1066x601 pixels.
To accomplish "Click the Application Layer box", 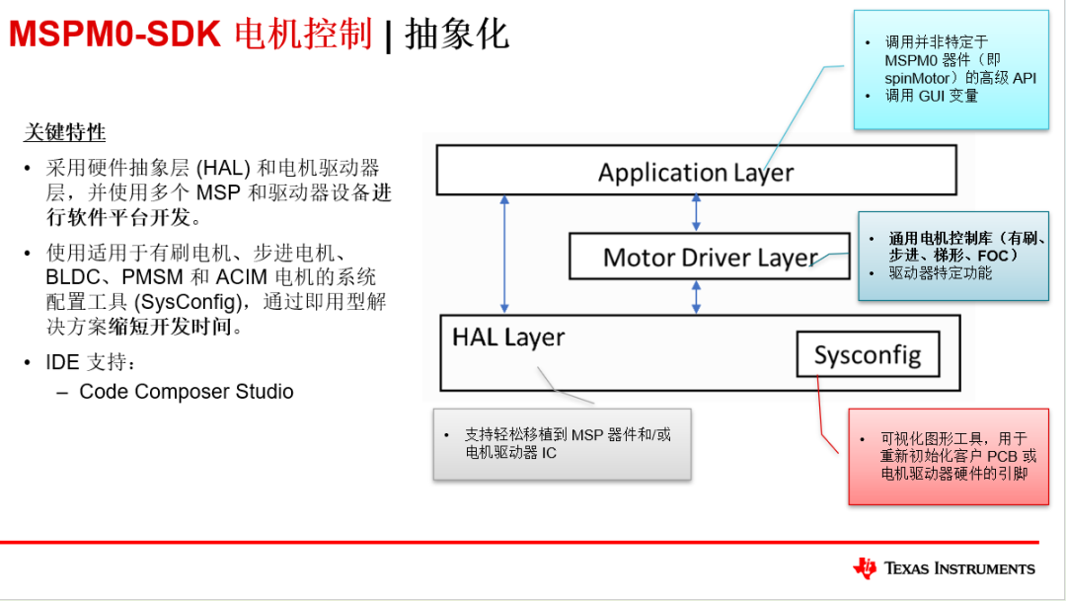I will tap(696, 171).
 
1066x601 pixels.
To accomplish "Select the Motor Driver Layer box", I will tap(709, 257).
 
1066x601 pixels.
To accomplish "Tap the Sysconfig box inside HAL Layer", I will tap(868, 354).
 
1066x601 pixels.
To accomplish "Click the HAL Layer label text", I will tap(508, 337).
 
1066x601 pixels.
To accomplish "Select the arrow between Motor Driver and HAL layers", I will tap(697, 297).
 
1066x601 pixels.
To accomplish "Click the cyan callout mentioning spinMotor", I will tap(951, 69).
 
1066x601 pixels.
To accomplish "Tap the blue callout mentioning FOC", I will tap(952, 256).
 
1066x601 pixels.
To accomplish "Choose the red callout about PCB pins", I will tap(949, 456).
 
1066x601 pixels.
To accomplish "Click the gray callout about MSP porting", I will tap(562, 443).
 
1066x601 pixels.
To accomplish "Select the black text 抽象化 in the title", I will tap(457, 35).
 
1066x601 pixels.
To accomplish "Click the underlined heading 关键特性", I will tap(64, 132).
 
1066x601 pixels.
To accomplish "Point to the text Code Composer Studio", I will tap(187, 392).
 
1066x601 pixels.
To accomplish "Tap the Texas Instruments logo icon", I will tap(865, 567).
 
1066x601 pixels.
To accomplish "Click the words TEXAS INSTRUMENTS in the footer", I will tap(959, 568).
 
